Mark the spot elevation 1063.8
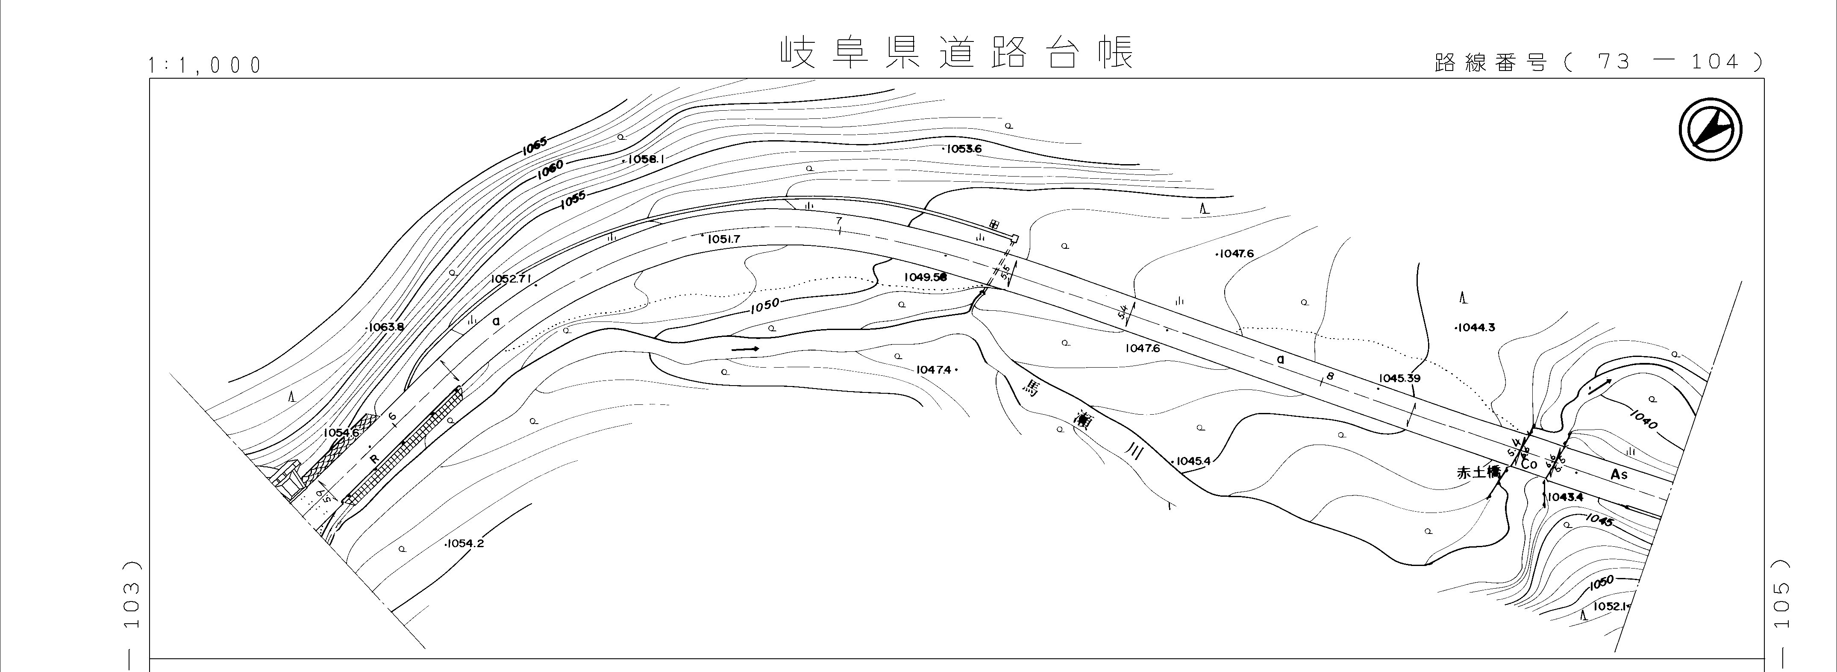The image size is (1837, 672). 385,327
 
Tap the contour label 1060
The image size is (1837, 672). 550,169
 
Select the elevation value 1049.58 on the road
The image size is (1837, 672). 925,277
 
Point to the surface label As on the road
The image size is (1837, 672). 1619,475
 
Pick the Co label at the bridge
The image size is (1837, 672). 1529,464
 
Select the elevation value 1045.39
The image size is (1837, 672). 1399,378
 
